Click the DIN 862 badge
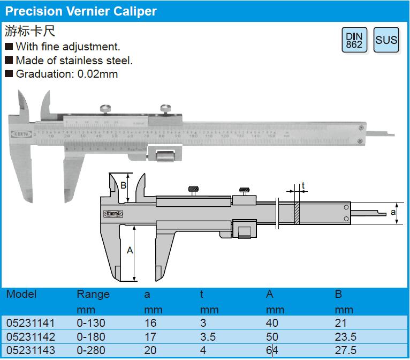(x=354, y=40)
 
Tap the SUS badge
(x=386, y=40)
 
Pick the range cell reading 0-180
(x=91, y=337)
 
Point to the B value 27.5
(x=345, y=351)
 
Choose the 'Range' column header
(x=93, y=294)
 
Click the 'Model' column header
(x=21, y=294)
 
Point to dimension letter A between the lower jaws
(x=130, y=250)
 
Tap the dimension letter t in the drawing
(x=303, y=186)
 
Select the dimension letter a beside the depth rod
(x=393, y=213)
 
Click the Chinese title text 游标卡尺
(x=30, y=31)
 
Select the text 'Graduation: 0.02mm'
(x=66, y=74)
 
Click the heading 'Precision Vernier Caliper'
(x=81, y=11)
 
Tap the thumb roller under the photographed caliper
(x=164, y=157)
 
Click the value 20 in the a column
(x=150, y=351)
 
